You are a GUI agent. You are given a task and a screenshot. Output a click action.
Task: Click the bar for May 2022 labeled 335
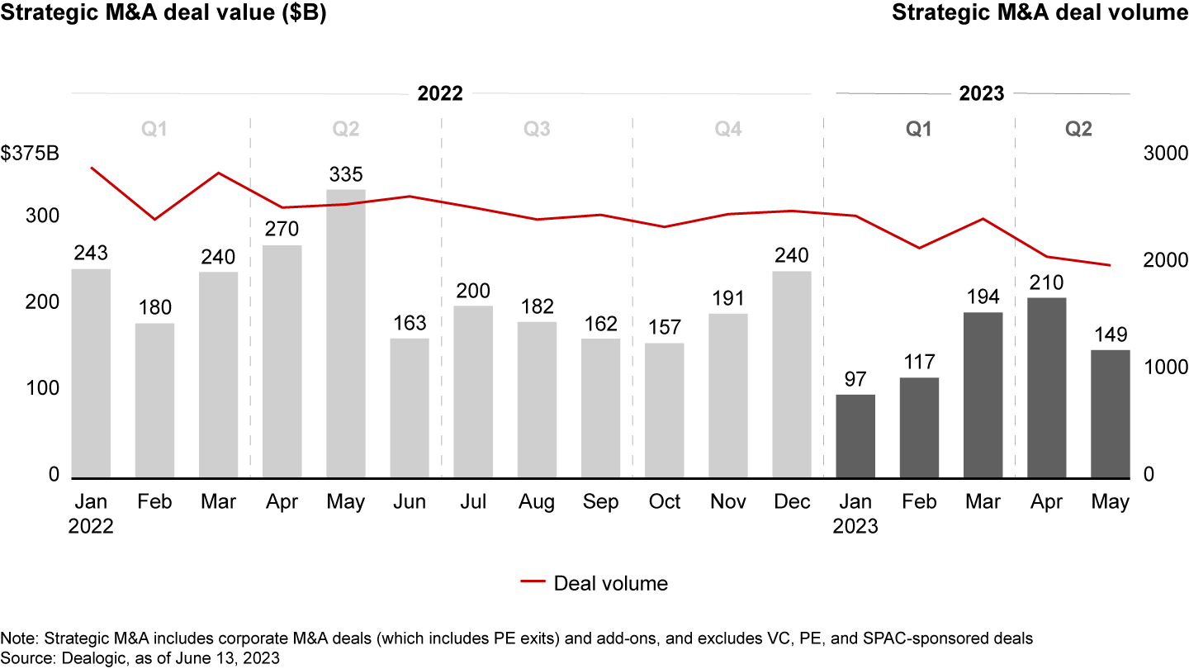click(x=345, y=334)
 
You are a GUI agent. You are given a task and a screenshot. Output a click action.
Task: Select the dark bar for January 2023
click(x=855, y=436)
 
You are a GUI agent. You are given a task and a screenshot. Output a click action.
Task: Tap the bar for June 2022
click(x=410, y=408)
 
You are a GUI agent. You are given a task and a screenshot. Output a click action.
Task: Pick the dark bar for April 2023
click(x=1046, y=387)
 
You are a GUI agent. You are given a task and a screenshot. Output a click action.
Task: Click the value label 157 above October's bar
click(x=665, y=327)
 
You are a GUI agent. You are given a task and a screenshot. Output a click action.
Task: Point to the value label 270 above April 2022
click(x=282, y=229)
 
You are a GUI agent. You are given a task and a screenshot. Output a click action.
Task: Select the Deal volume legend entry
click(x=594, y=583)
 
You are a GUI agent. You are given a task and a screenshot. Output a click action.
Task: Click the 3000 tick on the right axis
click(x=1164, y=154)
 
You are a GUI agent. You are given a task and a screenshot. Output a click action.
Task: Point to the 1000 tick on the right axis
click(x=1164, y=368)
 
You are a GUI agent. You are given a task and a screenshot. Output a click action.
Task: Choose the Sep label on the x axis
click(x=600, y=502)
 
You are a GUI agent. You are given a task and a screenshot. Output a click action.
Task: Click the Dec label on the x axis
click(x=792, y=502)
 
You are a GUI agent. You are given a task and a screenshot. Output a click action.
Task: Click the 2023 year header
click(x=982, y=93)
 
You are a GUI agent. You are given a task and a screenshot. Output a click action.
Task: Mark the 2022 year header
click(x=439, y=93)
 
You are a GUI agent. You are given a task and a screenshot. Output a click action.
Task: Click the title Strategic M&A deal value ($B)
click(x=163, y=14)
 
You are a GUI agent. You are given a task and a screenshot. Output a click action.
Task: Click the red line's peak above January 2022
click(x=92, y=168)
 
